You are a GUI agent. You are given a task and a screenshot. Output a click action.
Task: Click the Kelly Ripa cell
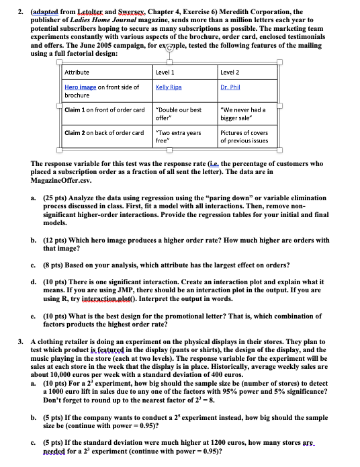pos(169,87)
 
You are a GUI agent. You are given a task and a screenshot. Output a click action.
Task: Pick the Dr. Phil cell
pos(230,87)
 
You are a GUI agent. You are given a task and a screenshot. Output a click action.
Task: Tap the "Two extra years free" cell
pos(178,136)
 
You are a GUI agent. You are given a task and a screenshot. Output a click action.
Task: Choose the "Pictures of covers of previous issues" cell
pos(244,136)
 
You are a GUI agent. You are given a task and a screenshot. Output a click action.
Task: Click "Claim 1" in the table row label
pos(77,110)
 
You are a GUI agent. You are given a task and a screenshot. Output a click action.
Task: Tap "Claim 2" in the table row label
pos(77,132)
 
